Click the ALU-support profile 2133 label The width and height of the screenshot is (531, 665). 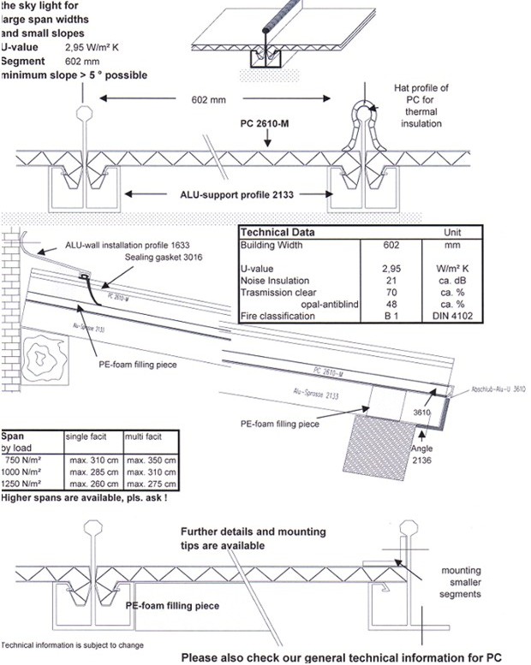tap(225, 195)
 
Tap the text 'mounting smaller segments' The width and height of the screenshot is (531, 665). tap(461, 583)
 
